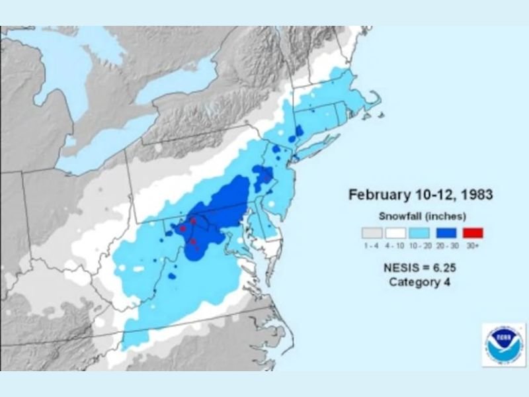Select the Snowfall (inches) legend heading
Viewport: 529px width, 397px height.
pyautogui.click(x=423, y=216)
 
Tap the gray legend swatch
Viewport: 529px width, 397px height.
pyautogui.click(x=371, y=233)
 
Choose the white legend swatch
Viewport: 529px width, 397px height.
pyautogui.click(x=396, y=233)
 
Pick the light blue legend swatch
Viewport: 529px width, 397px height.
pyautogui.click(x=422, y=233)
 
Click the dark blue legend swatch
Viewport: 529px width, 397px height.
pyautogui.click(x=448, y=233)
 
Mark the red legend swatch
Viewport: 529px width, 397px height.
pyautogui.click(x=473, y=233)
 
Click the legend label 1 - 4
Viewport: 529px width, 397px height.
pyautogui.click(x=371, y=246)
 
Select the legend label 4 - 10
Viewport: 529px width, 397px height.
pyautogui.click(x=396, y=246)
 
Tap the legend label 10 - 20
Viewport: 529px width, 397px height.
pyautogui.click(x=422, y=246)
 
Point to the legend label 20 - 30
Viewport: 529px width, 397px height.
pyautogui.click(x=448, y=246)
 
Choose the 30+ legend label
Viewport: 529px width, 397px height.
pyautogui.click(x=473, y=246)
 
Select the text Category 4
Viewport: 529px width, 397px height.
pyautogui.click(x=422, y=283)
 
